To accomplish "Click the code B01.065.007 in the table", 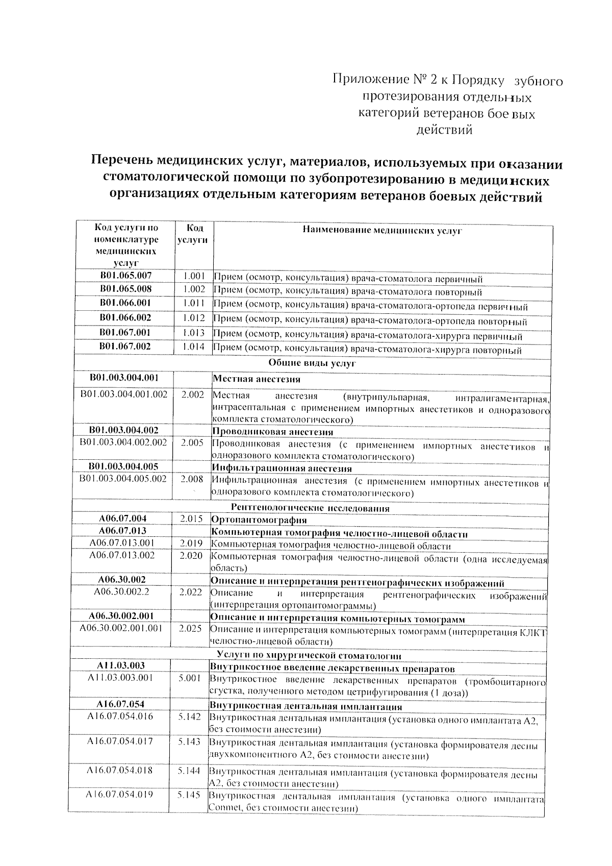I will coord(125,276).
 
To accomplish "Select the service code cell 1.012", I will coord(194,318).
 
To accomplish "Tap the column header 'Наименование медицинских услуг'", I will coord(382,231).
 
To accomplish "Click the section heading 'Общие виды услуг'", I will coord(312,363).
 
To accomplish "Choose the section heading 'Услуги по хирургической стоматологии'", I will coord(309,656).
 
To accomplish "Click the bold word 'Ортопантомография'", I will coord(259,520).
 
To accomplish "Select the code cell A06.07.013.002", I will coord(122,555).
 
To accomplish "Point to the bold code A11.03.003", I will coord(121,665).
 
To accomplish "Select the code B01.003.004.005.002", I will coord(123,479).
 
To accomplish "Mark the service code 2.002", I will coord(192,394).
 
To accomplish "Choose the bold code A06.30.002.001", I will coord(121,616).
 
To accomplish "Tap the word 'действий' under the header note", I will coord(444,130).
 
